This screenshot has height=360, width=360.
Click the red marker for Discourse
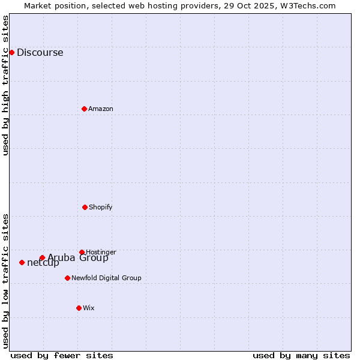pos(11,52)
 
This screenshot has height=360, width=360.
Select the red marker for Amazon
pos(84,109)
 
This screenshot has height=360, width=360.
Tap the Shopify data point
pos(85,207)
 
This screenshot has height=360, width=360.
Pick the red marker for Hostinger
pos(82,252)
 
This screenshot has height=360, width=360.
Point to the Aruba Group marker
pos(42,258)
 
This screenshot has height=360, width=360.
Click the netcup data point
pos(22,262)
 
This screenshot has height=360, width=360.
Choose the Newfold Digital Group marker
pos(67,278)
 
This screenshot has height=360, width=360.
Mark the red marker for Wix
pos(79,308)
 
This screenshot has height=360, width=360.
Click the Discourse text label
pos(40,52)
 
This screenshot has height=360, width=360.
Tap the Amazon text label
pos(100,109)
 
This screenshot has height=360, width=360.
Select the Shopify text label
pos(100,207)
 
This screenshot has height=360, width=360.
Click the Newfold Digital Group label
pos(106,278)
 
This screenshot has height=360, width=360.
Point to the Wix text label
pos(88,308)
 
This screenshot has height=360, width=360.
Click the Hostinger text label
pos(101,252)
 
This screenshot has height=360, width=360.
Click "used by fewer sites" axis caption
pos(62,355)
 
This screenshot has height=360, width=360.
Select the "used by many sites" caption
pos(301,355)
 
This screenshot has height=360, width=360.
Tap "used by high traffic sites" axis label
pos(5,85)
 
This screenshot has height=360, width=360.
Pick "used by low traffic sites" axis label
pos(5,281)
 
